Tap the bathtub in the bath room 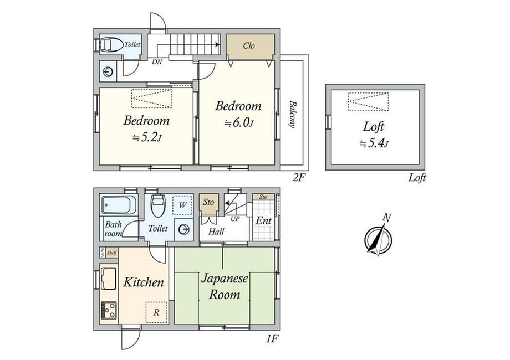click(119, 205)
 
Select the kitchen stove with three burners click(109, 310)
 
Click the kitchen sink click(109, 278)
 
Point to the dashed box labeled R click(156, 312)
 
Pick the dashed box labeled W click(182, 205)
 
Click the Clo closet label click(249, 46)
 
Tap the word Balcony click(292, 114)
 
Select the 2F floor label click(299, 177)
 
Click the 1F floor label click(272, 339)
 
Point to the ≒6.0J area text click(239, 123)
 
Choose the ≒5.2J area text click(147, 137)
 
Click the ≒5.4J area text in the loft click(374, 143)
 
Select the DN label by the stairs click(157, 61)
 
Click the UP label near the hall click(235, 219)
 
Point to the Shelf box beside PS click(111, 253)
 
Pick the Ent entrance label click(263, 221)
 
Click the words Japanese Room click(225, 286)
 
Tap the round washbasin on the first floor click(183, 230)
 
